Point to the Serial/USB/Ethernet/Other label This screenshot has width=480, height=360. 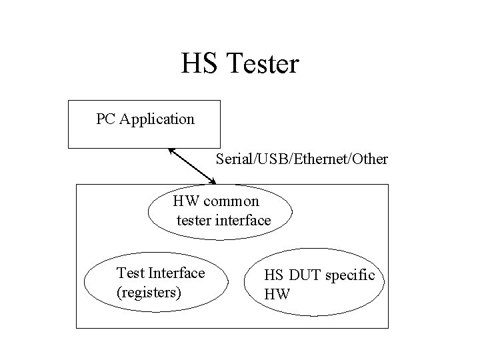pos(302,160)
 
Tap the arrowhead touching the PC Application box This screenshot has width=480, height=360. pos(172,150)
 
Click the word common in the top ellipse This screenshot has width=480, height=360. pos(233,201)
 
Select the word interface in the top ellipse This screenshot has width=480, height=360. pos(244,220)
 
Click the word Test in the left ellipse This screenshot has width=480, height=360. pos(131,273)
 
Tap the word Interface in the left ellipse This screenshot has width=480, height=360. pos(177,273)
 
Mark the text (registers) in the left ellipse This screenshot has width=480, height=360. pos(149,292)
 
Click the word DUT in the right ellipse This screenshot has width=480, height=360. pos(306,275)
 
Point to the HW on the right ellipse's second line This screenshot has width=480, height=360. pos(277,294)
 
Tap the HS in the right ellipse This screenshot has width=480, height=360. pos(273,275)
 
